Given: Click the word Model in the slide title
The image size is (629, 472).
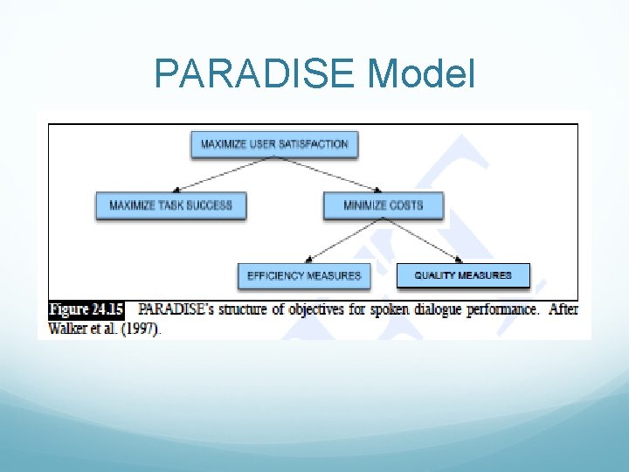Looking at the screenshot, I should [421, 73].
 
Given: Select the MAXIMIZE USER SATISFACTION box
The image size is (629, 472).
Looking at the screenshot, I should [274, 144].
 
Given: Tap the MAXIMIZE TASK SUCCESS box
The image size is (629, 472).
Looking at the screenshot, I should [170, 205].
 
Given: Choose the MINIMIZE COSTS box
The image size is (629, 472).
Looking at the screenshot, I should [384, 205].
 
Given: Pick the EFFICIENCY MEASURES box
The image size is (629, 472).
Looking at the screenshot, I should [304, 275].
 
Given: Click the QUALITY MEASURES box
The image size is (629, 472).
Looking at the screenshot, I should [463, 275].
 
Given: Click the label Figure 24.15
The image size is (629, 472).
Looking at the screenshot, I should [86, 309].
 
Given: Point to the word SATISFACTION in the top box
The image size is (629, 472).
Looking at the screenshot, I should [315, 144].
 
